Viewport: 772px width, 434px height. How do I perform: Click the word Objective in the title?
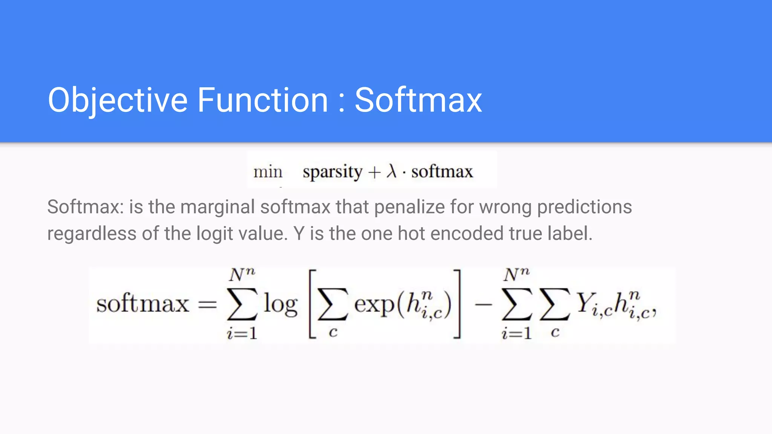coord(118,100)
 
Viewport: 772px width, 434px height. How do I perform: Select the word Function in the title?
coord(262,100)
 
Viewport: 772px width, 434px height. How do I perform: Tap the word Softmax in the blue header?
coord(418,100)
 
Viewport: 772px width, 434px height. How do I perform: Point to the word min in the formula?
coord(268,172)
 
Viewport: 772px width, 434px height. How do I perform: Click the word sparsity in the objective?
coord(332,172)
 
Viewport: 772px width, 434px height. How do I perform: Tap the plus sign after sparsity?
coord(374,173)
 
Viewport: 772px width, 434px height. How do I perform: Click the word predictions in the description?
coord(584,207)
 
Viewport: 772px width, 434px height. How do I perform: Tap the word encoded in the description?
coord(467,234)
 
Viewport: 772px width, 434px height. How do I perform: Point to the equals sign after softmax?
coord(208,304)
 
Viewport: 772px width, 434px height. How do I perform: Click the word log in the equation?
coord(280,304)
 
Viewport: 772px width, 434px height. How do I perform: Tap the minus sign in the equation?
coord(483,304)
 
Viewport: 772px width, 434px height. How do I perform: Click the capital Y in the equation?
coord(584,303)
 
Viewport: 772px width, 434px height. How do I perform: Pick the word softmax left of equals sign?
coord(142,304)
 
